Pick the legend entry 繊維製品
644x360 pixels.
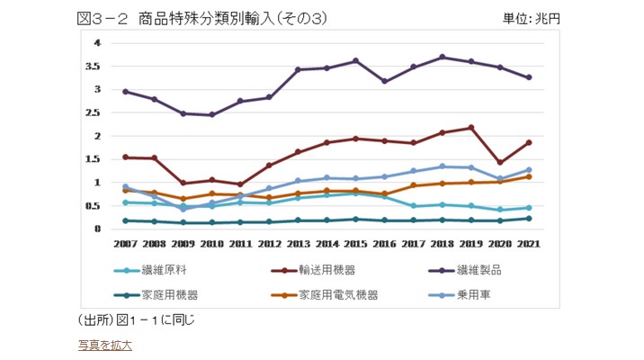(x=484, y=269)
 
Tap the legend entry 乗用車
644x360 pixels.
(x=479, y=294)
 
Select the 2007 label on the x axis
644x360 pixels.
(x=124, y=243)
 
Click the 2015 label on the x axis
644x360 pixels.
(x=356, y=243)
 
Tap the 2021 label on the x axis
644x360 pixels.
(x=529, y=243)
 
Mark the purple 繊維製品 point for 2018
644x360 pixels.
(x=443, y=58)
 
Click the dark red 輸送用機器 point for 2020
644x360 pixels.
(x=500, y=163)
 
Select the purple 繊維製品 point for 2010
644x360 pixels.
(x=211, y=115)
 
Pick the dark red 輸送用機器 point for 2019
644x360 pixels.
(x=471, y=128)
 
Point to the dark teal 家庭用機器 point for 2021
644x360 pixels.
(x=529, y=218)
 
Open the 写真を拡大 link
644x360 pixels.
(x=105, y=344)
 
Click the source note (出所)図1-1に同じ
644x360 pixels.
(x=138, y=319)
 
